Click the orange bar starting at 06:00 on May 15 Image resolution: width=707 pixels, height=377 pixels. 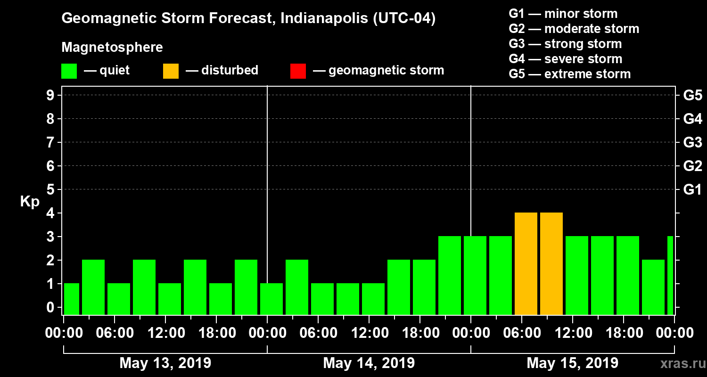(x=526, y=263)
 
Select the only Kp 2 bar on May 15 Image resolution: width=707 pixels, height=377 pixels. (x=653, y=287)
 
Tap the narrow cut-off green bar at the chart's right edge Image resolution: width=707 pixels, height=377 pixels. (x=670, y=275)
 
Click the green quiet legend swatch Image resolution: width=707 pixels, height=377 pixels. (x=69, y=71)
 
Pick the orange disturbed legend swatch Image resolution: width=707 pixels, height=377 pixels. (x=171, y=71)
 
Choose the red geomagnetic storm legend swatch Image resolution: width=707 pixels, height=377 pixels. (x=298, y=71)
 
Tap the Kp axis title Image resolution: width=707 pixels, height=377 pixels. (x=30, y=202)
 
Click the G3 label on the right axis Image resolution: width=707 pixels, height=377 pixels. (x=692, y=142)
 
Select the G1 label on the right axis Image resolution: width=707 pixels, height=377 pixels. (x=692, y=189)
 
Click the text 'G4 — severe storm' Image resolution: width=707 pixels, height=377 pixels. (x=565, y=59)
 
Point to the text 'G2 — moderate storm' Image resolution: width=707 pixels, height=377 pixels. (x=574, y=29)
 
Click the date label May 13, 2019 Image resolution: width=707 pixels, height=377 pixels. (x=165, y=363)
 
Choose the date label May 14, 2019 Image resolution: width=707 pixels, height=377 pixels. (x=369, y=363)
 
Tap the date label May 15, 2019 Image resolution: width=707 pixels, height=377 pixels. (x=572, y=363)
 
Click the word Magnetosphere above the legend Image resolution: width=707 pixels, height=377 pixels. (x=112, y=48)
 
